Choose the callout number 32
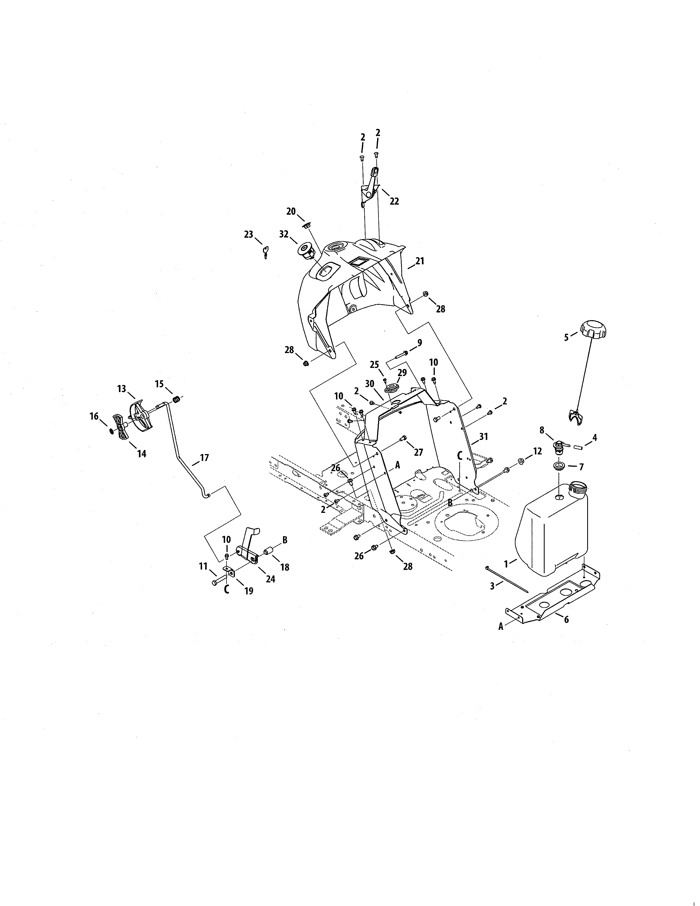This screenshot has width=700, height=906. click(x=284, y=234)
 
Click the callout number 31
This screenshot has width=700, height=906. click(x=483, y=437)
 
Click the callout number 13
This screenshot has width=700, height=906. click(x=122, y=389)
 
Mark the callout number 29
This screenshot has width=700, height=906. click(x=402, y=373)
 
